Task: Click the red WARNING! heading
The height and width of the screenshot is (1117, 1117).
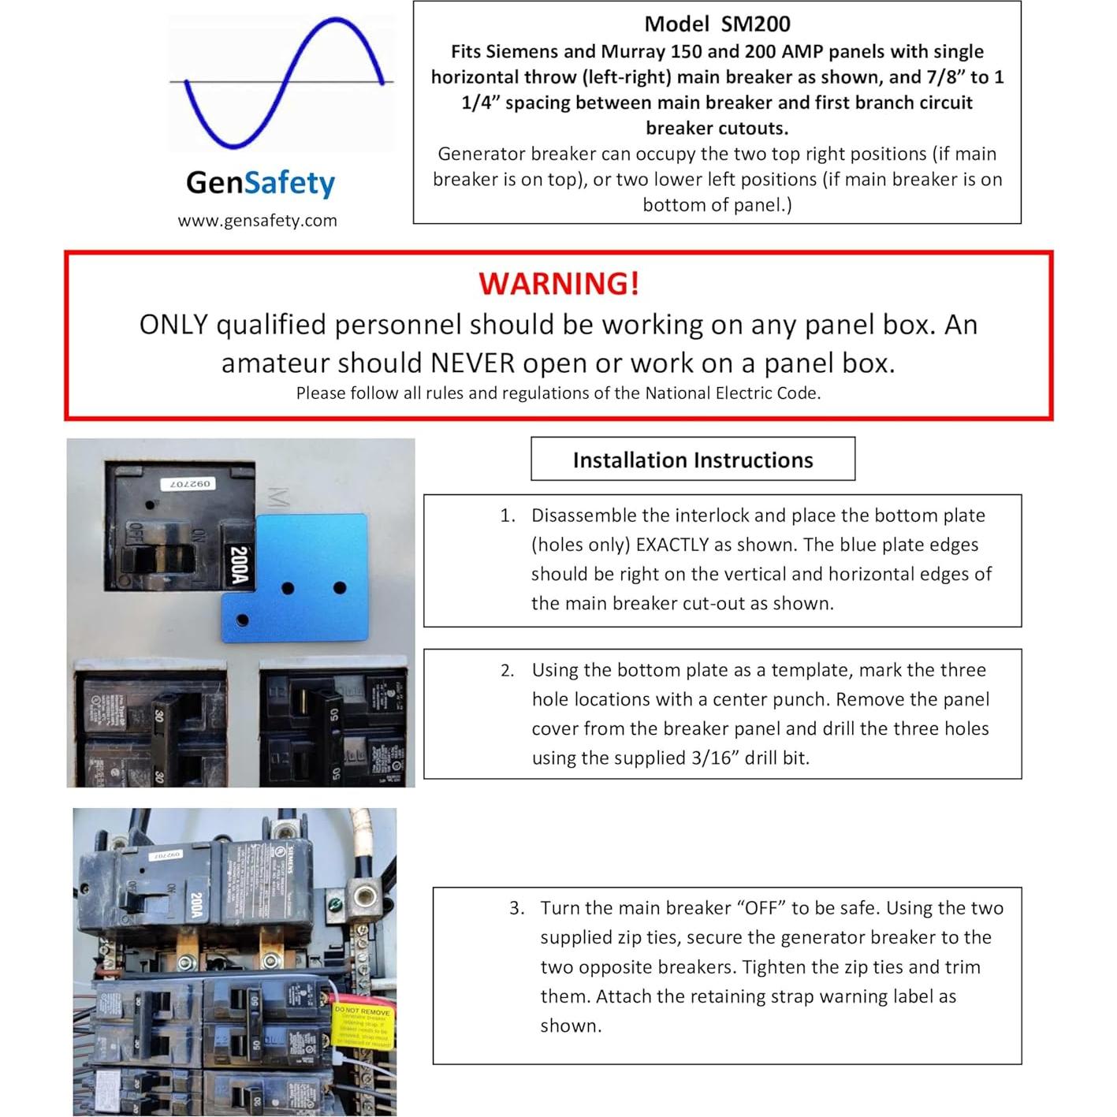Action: tap(559, 284)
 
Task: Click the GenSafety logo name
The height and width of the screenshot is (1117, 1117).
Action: tap(260, 183)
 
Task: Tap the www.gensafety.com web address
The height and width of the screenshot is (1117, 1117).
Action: tap(257, 221)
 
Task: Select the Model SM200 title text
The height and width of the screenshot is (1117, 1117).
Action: tap(717, 24)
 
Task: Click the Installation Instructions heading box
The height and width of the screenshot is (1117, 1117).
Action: tap(692, 460)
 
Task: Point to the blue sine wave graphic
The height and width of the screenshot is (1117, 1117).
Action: tap(283, 83)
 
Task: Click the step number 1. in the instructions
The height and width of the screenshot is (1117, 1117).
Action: tap(508, 516)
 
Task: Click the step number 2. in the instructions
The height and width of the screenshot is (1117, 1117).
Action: tap(508, 671)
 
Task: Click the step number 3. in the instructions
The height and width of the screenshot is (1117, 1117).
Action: tap(516, 908)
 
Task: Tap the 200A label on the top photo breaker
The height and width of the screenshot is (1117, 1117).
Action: tap(240, 566)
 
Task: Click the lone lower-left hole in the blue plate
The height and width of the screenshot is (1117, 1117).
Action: tap(242, 620)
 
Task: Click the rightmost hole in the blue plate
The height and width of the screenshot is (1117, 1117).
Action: tap(340, 587)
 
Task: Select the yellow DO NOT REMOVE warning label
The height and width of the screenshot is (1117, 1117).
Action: tap(362, 1025)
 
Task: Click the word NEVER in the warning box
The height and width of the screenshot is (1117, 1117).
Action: tap(470, 363)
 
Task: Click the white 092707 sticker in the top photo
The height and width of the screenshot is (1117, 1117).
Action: tap(186, 483)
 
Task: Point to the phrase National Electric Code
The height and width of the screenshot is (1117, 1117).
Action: tap(732, 393)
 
